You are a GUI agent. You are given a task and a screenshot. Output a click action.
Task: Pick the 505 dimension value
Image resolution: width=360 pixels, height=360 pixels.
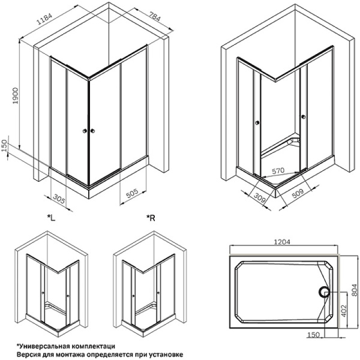pyautogui.click(x=133, y=193)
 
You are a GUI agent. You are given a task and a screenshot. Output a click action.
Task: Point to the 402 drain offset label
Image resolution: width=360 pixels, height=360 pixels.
pyautogui.click(x=343, y=311)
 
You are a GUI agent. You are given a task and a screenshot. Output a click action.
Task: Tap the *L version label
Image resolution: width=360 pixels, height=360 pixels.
pyautogui.click(x=51, y=218)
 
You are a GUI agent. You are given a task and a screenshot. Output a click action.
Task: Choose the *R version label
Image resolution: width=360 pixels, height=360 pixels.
pyautogui.click(x=151, y=218)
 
